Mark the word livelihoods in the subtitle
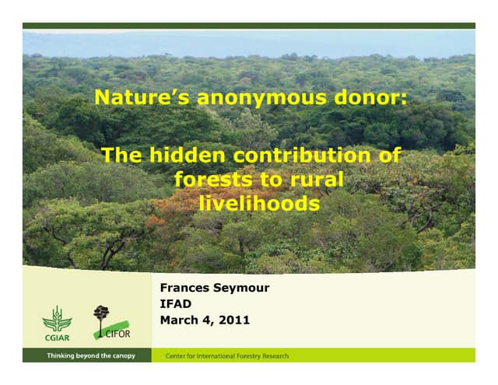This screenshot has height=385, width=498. click(259, 203)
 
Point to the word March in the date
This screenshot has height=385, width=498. click(178, 320)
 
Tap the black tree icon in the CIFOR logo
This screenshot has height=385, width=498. click(100, 316)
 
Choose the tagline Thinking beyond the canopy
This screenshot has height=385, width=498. click(91, 355)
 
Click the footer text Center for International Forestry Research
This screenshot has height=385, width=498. click(227, 356)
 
